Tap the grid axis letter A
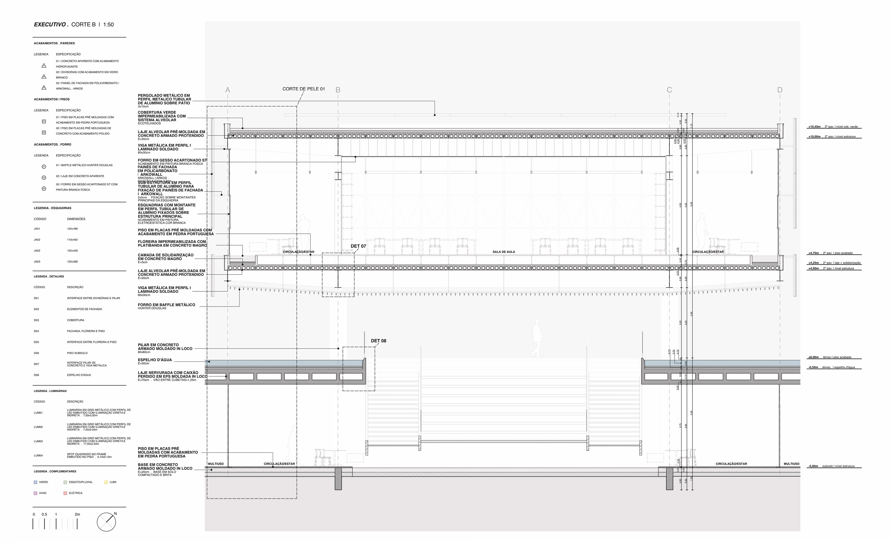pyautogui.click(x=227, y=90)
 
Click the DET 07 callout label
pyautogui.click(x=358, y=246)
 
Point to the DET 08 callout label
pyautogui.click(x=378, y=341)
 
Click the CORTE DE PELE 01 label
pyautogui.click(x=303, y=89)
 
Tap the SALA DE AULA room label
pyautogui.click(x=504, y=252)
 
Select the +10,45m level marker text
pyautogui.click(x=814, y=127)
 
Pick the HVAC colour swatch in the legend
pyautogui.click(x=36, y=493)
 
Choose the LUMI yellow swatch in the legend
pyautogui.click(x=106, y=482)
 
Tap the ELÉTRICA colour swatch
pyautogui.click(x=65, y=493)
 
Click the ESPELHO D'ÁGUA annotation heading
pyautogui.click(x=155, y=360)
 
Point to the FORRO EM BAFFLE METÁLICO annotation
pyautogui.click(x=166, y=305)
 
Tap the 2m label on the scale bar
pyautogui.click(x=77, y=514)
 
